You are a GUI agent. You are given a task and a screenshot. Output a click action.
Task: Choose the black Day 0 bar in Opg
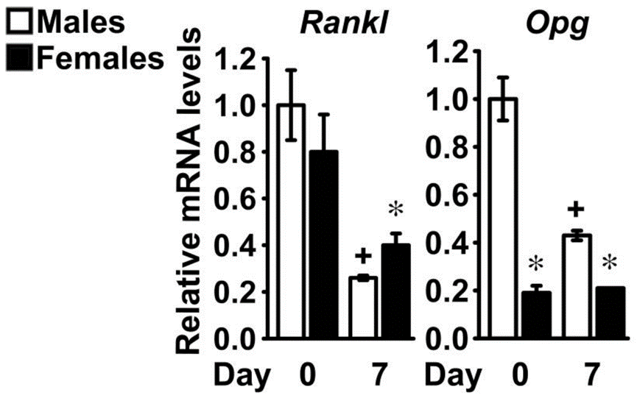pos(530,315)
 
